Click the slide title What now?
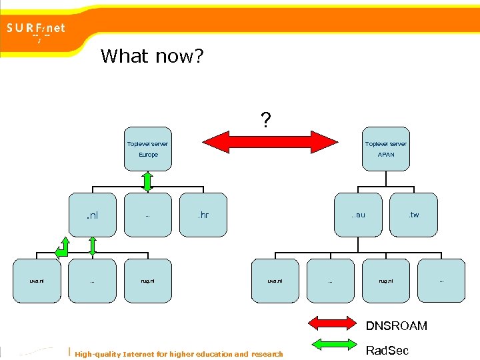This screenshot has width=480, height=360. (x=152, y=56)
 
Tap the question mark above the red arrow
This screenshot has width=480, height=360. (x=265, y=120)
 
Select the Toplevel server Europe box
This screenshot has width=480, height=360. (x=148, y=149)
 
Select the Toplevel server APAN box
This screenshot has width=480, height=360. (x=386, y=149)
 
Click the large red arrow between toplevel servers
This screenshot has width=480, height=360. (x=269, y=141)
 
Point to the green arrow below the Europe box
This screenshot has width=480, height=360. (x=148, y=181)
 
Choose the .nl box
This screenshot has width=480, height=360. (x=93, y=215)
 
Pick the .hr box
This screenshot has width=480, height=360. (x=203, y=215)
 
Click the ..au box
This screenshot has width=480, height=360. (x=359, y=215)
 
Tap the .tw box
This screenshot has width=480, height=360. (x=414, y=215)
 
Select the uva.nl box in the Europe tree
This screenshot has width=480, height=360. (x=37, y=281)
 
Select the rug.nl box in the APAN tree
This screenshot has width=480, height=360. (x=386, y=281)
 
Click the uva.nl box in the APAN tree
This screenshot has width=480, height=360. (x=275, y=281)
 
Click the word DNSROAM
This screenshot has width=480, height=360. (x=397, y=326)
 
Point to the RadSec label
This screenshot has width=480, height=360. (x=387, y=351)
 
